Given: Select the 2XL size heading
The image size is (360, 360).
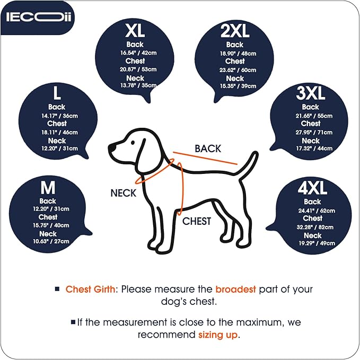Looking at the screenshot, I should coord(235,31).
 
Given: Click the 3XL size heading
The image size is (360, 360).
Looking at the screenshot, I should coord(310,94).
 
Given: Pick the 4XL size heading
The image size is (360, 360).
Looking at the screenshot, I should coord(312,189).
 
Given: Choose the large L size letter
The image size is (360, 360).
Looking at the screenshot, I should coord(57,94).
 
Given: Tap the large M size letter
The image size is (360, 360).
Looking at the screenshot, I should coord(48,189).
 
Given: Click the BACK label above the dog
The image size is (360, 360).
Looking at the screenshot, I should coord(208,149).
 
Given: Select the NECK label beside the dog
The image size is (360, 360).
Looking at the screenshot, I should coord(123,193).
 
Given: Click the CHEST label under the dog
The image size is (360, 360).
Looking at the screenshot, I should coord(197,221).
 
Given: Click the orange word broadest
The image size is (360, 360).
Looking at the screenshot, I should coord(235,289).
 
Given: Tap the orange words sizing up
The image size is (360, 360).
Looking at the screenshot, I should coord(218,335).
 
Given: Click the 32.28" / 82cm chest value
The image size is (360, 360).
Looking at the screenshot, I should coord(312,226).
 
